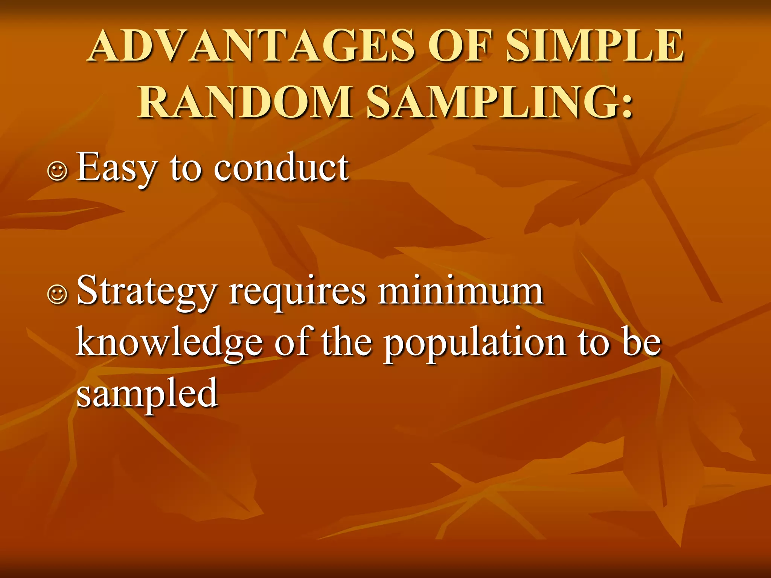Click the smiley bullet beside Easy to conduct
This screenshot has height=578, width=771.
pyautogui.click(x=57, y=171)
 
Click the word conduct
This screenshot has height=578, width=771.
pyautogui.click(x=281, y=167)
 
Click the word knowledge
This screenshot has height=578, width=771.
pyautogui.click(x=169, y=342)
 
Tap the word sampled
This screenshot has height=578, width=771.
pyautogui.click(x=147, y=394)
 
